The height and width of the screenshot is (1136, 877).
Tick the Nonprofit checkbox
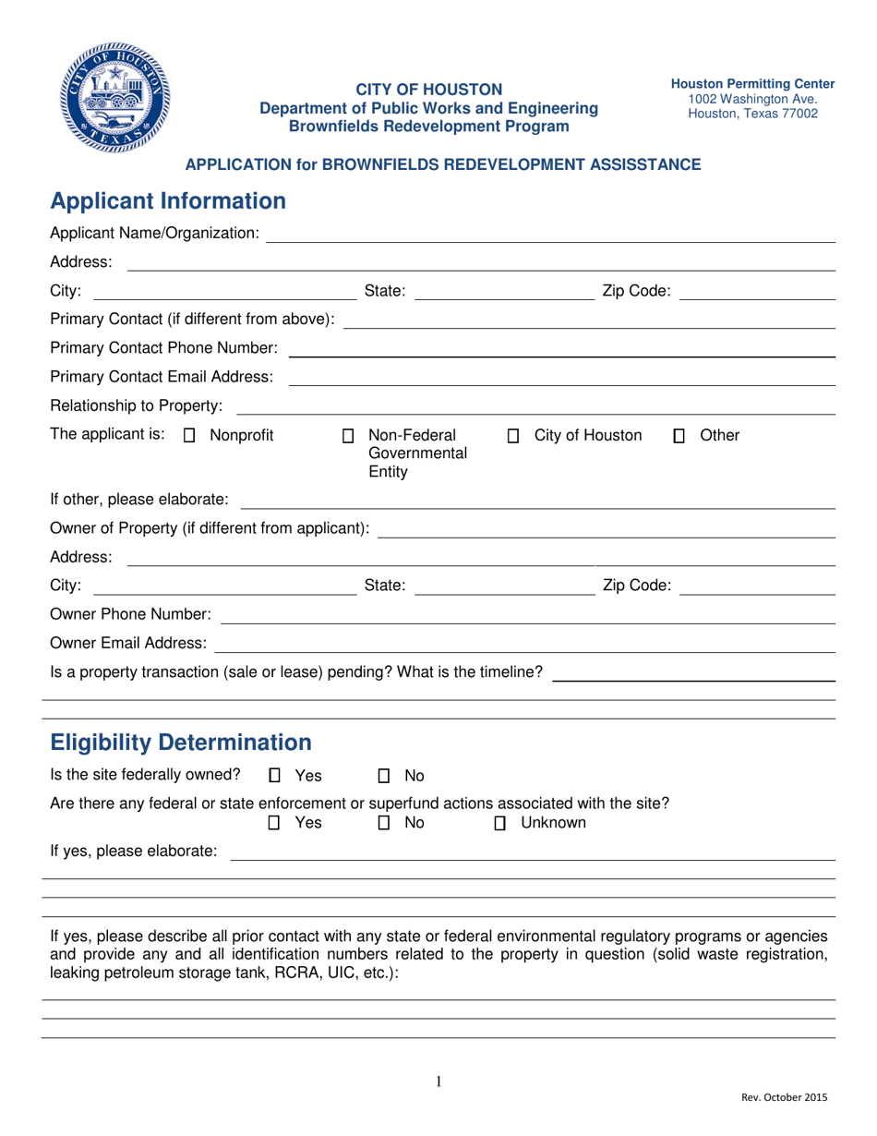click(190, 436)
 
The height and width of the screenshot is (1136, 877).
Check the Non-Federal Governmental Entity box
click(348, 436)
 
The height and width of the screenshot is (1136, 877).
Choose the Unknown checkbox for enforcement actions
click(500, 823)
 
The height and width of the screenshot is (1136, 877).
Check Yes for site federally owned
click(274, 776)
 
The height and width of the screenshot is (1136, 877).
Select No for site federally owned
click(385, 776)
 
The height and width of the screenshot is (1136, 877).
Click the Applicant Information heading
click(167, 200)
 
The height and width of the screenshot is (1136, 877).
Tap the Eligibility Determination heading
click(180, 742)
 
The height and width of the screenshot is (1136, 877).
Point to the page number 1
click(438, 1082)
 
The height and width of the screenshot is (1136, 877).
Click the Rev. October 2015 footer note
click(784, 1098)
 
